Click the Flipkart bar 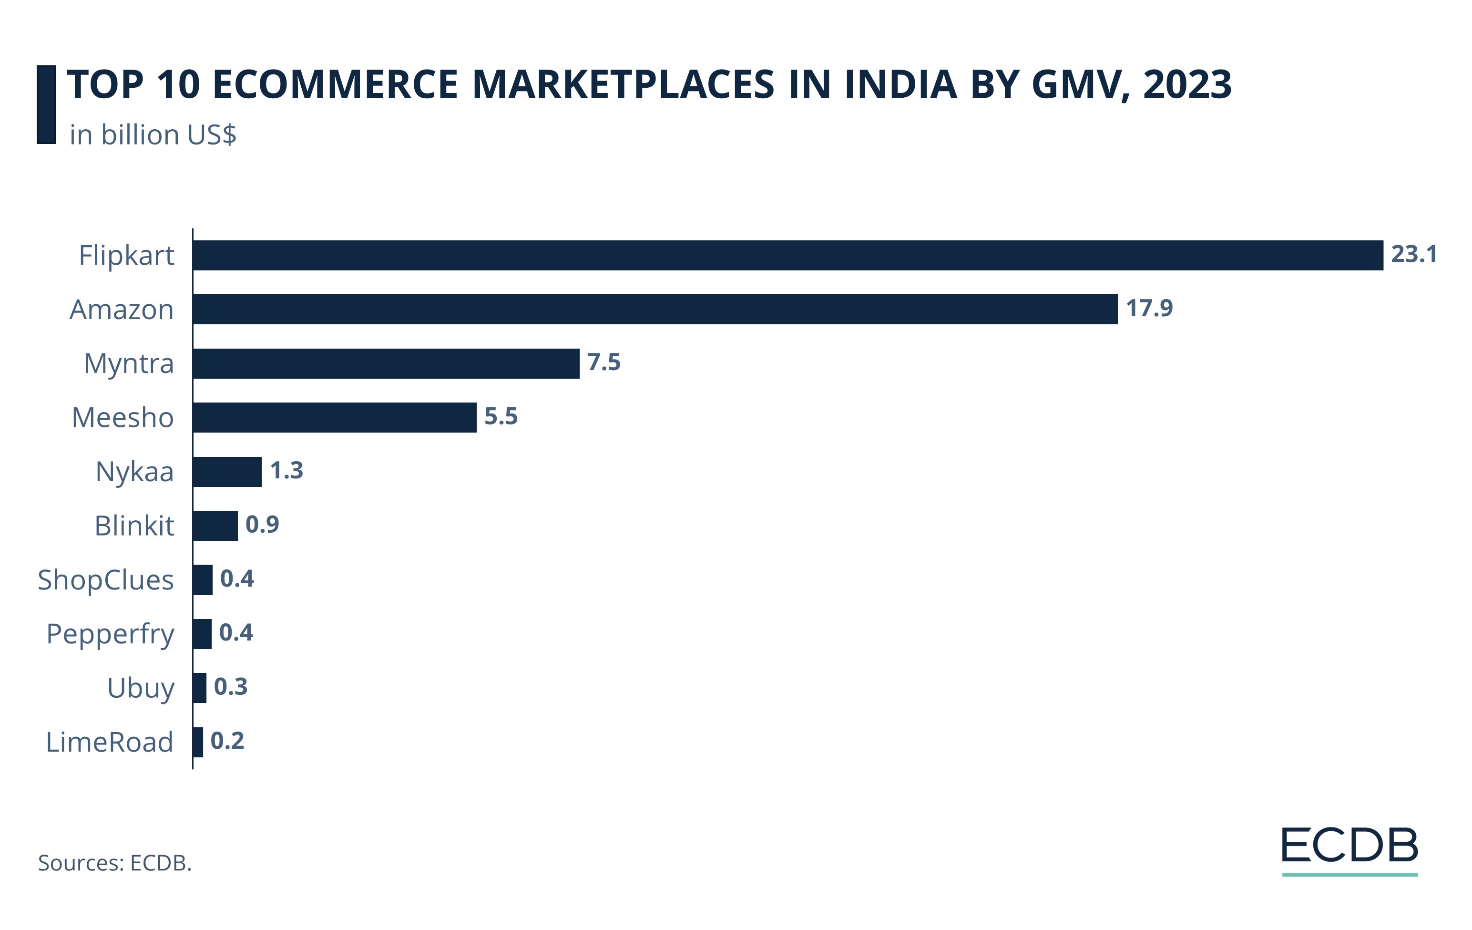[787, 255]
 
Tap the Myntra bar [386, 363]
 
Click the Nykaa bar [227, 471]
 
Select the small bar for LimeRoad [197, 742]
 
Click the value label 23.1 [1413, 254]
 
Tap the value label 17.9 [1149, 308]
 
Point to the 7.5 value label [603, 362]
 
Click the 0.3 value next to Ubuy [230, 687]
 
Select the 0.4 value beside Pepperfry [236, 632]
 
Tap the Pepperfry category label [110, 634]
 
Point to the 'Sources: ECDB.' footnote [115, 863]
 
